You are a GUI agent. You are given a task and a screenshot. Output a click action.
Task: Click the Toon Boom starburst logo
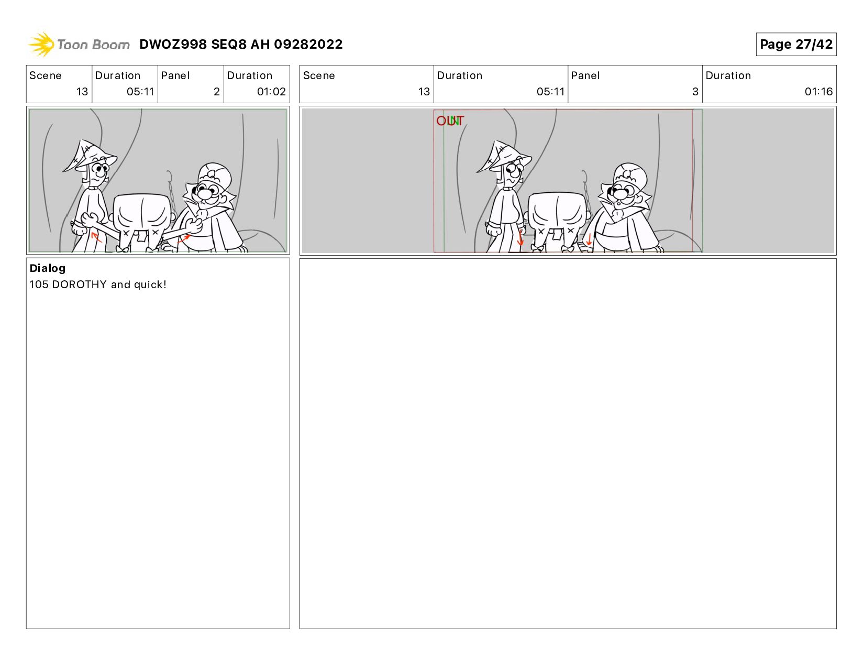[41, 44]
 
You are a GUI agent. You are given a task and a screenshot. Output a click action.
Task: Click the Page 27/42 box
[795, 44]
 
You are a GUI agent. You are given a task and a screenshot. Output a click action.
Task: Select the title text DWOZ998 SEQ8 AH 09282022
[241, 44]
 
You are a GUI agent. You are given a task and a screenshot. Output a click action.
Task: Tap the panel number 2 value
[217, 92]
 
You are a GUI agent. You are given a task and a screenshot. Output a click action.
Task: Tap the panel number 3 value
[695, 92]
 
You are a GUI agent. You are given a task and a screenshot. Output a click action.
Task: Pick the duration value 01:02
[271, 92]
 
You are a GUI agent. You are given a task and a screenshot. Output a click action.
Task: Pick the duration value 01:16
[818, 92]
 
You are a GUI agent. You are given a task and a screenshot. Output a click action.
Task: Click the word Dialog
[48, 269]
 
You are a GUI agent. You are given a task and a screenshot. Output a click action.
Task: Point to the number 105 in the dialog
[39, 284]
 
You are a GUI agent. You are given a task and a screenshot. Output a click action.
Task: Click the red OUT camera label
[450, 121]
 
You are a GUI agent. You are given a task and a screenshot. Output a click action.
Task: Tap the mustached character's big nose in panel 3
[621, 194]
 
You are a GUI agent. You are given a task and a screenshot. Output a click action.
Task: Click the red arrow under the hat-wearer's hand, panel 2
[96, 237]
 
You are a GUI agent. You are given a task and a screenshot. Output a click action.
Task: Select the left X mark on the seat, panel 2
[126, 233]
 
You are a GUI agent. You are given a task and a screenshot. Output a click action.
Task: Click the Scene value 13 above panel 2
[82, 92]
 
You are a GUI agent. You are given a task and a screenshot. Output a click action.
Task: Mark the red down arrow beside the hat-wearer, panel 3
[520, 237]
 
